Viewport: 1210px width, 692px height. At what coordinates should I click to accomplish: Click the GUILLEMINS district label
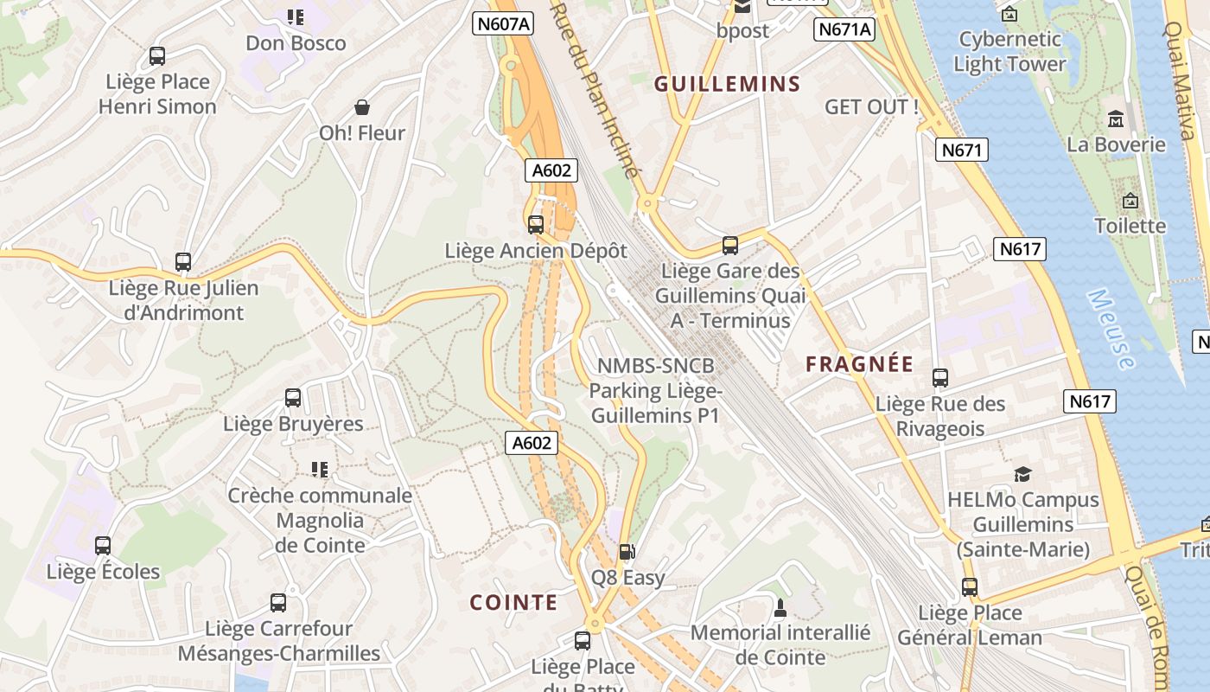(x=727, y=84)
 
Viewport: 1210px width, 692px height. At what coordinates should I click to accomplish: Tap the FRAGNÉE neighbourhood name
(x=859, y=364)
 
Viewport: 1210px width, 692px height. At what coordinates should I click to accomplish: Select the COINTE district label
(x=513, y=602)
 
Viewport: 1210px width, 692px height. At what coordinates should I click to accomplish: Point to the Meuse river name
(x=1111, y=330)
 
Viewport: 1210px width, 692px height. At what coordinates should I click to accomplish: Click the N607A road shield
(x=503, y=24)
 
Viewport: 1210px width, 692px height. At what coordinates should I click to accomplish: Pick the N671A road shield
(x=844, y=29)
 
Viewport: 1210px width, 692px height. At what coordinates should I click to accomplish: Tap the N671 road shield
(x=961, y=151)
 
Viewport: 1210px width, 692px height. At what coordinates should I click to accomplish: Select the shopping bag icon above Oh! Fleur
(x=362, y=107)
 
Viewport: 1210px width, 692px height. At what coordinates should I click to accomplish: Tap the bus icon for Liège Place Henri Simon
(x=157, y=56)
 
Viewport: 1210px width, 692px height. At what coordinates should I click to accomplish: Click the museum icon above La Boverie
(x=1115, y=119)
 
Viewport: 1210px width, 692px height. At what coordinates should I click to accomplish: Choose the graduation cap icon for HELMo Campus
(x=1023, y=474)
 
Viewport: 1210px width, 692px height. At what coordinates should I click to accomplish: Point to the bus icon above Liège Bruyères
(x=293, y=398)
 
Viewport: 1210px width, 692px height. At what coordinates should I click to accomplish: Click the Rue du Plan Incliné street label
(x=595, y=86)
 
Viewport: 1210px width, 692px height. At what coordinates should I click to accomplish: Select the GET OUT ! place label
(x=871, y=107)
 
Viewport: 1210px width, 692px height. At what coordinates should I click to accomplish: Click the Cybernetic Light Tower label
(x=1009, y=51)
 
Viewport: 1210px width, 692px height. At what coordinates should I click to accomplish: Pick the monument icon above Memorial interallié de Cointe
(x=780, y=607)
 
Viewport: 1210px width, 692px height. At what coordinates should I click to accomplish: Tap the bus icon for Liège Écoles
(x=103, y=546)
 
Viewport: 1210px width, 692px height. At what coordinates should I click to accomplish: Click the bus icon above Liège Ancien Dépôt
(x=536, y=225)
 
